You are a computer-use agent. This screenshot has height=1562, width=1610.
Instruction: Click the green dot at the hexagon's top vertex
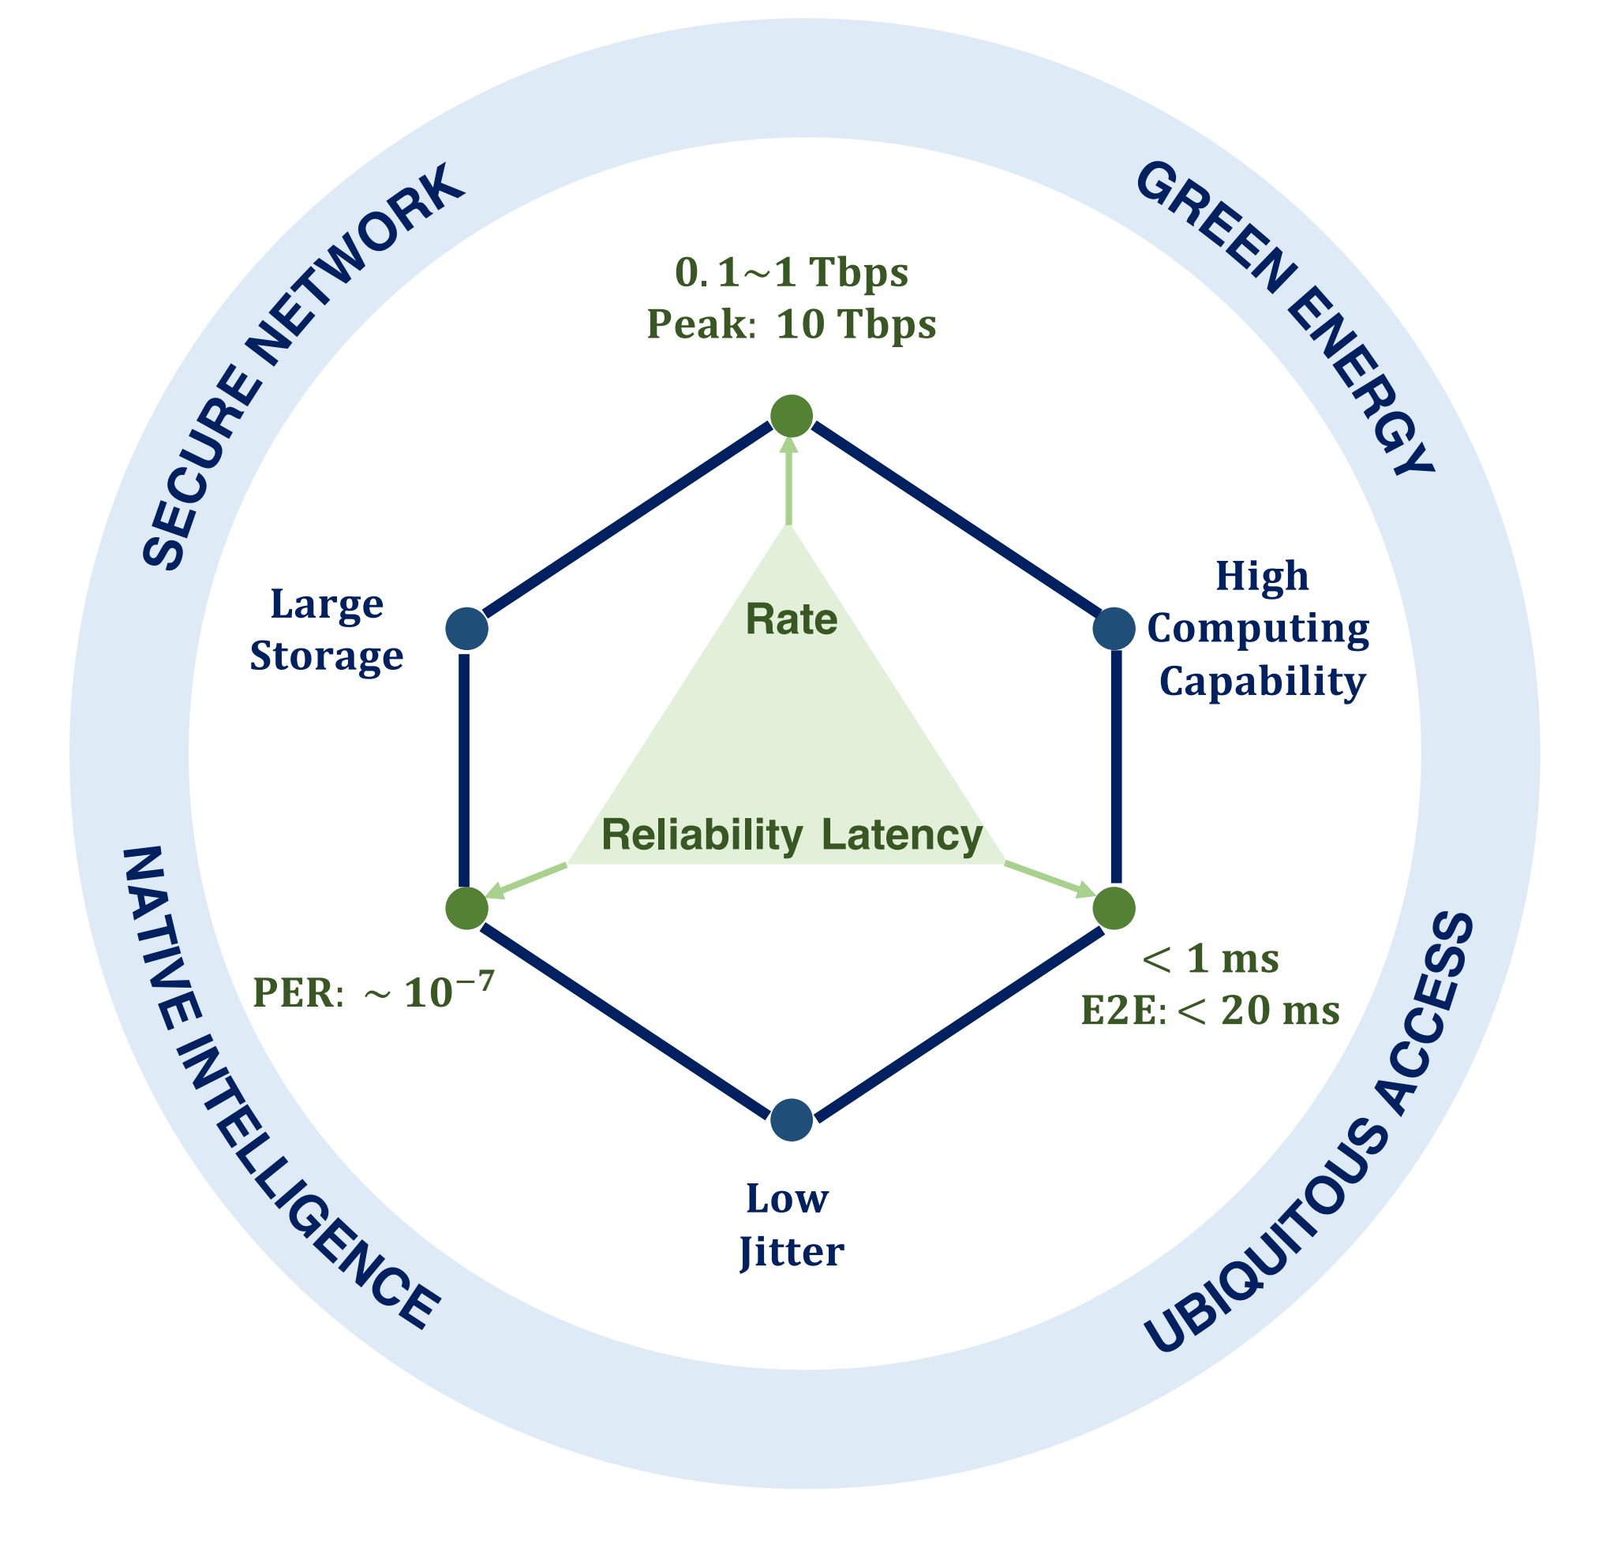tap(791, 416)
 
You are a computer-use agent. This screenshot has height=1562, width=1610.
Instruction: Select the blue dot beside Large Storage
tap(466, 629)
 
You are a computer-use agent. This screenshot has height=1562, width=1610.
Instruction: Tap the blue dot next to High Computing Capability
tap(1114, 629)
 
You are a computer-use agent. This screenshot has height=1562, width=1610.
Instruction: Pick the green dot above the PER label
tap(466, 908)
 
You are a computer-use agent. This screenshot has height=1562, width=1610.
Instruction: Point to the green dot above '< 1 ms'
tap(1114, 908)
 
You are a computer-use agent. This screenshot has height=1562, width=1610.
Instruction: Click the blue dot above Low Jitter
tap(791, 1119)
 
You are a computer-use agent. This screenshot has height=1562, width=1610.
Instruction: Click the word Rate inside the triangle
tap(791, 620)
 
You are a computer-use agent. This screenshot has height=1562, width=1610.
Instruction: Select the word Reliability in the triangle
tap(702, 835)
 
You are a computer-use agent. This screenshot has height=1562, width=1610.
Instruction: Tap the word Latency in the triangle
tap(902, 835)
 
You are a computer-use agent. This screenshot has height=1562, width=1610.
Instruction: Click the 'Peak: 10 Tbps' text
tap(791, 325)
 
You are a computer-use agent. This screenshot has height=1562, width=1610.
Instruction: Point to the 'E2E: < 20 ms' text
tap(1209, 1011)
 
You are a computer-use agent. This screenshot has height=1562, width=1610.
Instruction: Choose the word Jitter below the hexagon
tap(791, 1254)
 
